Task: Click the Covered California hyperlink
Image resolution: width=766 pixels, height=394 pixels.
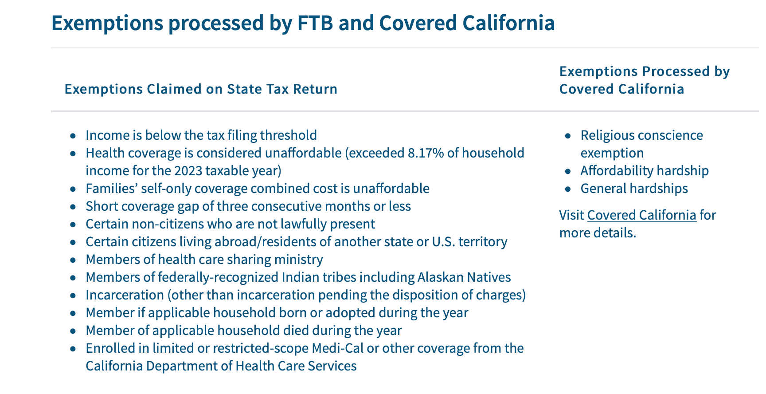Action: (641, 215)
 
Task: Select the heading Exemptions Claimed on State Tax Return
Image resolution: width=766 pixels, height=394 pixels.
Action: (201, 89)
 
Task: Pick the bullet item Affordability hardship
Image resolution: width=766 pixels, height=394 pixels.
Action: (645, 171)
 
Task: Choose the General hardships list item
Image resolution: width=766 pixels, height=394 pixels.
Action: (634, 189)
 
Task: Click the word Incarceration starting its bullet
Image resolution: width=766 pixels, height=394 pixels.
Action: (125, 295)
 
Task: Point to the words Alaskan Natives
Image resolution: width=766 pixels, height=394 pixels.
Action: (464, 277)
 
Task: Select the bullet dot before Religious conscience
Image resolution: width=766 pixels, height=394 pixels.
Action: (568, 136)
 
